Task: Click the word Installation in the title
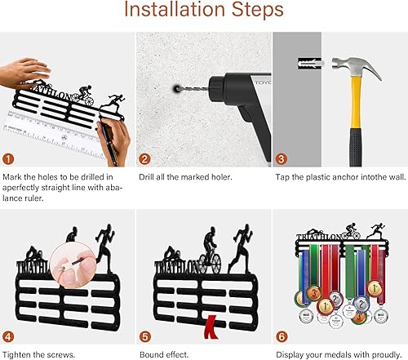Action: (x=175, y=9)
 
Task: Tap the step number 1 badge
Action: (x=8, y=159)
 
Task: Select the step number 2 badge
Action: (x=144, y=159)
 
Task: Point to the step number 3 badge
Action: (x=282, y=159)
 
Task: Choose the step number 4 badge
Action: (x=8, y=337)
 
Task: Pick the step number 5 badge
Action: (x=145, y=337)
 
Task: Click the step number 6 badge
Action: (x=282, y=337)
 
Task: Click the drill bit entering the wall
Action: (x=193, y=89)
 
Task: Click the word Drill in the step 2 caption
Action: (x=147, y=177)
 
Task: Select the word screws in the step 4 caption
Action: (x=60, y=355)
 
